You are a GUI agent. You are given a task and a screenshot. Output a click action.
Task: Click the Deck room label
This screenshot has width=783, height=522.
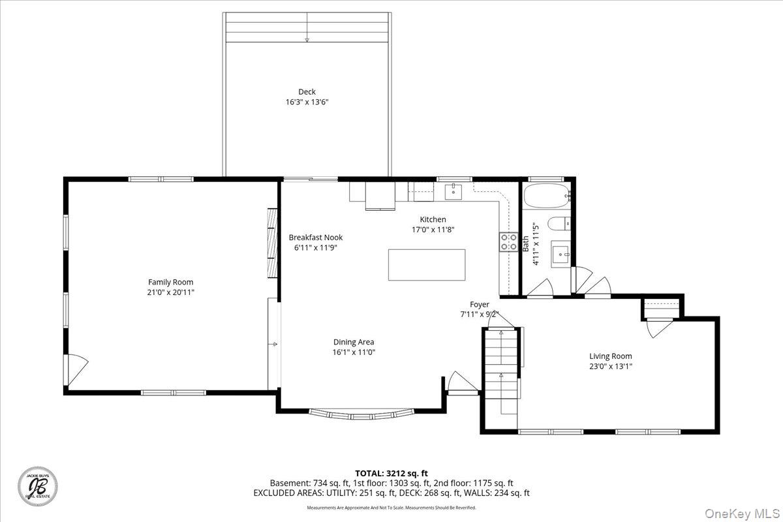point(307,91)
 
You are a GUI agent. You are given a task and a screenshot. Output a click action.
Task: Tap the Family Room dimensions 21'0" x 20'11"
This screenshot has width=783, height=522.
point(170,292)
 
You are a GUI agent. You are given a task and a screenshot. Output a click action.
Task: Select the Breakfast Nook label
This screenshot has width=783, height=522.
point(316,238)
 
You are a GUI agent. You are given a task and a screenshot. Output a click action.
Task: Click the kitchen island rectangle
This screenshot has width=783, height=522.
point(427,265)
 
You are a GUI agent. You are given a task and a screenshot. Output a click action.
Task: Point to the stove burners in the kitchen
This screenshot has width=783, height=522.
point(508,242)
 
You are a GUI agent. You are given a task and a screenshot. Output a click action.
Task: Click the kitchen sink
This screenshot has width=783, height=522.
point(453,192)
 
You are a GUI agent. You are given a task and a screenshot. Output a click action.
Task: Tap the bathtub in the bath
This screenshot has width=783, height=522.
point(546,196)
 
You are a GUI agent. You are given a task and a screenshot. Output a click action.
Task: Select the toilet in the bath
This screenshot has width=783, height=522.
point(559,224)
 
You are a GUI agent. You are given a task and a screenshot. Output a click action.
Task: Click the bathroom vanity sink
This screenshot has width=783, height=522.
point(561,254)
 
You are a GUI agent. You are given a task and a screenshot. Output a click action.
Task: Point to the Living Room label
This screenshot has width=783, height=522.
point(611,356)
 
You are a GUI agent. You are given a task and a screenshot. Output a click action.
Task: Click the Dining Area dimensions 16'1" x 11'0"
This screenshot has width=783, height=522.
point(354,352)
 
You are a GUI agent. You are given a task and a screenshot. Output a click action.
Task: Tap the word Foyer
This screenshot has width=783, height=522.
point(479,304)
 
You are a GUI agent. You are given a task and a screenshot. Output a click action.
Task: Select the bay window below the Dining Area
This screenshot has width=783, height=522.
point(361,414)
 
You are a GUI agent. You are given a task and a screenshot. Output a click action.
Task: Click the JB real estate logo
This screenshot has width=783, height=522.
point(38,486)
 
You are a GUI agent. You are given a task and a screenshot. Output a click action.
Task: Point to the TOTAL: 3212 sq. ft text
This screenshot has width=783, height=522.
point(391,474)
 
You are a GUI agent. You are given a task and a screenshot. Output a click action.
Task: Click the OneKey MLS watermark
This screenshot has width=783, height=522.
point(742,514)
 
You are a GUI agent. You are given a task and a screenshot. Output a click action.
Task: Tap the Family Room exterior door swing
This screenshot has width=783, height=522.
point(76,370)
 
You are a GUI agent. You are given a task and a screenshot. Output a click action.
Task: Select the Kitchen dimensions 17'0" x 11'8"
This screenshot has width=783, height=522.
point(433,230)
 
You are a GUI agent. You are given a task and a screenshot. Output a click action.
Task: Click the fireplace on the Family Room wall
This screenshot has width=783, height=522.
point(272,243)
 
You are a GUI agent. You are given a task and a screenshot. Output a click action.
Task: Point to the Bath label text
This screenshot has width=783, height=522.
point(526,243)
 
